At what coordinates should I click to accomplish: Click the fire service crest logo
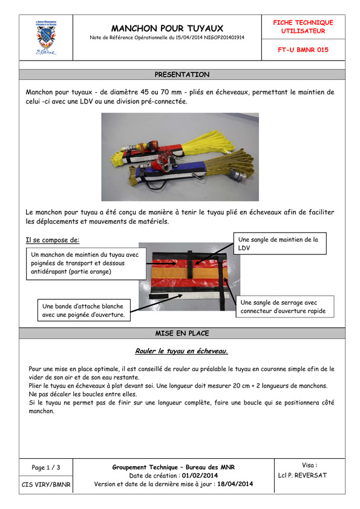[46, 37]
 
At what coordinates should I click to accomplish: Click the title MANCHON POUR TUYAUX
[167, 28]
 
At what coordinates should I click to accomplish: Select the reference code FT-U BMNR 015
[303, 50]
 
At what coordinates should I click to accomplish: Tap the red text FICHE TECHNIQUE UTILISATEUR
[303, 27]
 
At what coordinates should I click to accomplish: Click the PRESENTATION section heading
[182, 74]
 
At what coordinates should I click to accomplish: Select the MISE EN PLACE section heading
[182, 333]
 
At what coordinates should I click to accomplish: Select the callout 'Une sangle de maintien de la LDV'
[280, 244]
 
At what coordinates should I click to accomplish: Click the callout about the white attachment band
[84, 310]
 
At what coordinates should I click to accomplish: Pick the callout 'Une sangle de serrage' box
[285, 306]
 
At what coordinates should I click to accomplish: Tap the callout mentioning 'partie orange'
[86, 264]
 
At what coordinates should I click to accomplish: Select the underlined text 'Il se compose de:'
[52, 240]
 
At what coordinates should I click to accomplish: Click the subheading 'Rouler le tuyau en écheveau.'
[182, 351]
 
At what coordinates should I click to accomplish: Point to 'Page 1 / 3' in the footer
[46, 467]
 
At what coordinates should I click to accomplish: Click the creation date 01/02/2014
[200, 476]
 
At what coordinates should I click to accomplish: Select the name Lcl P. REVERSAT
[302, 475]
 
